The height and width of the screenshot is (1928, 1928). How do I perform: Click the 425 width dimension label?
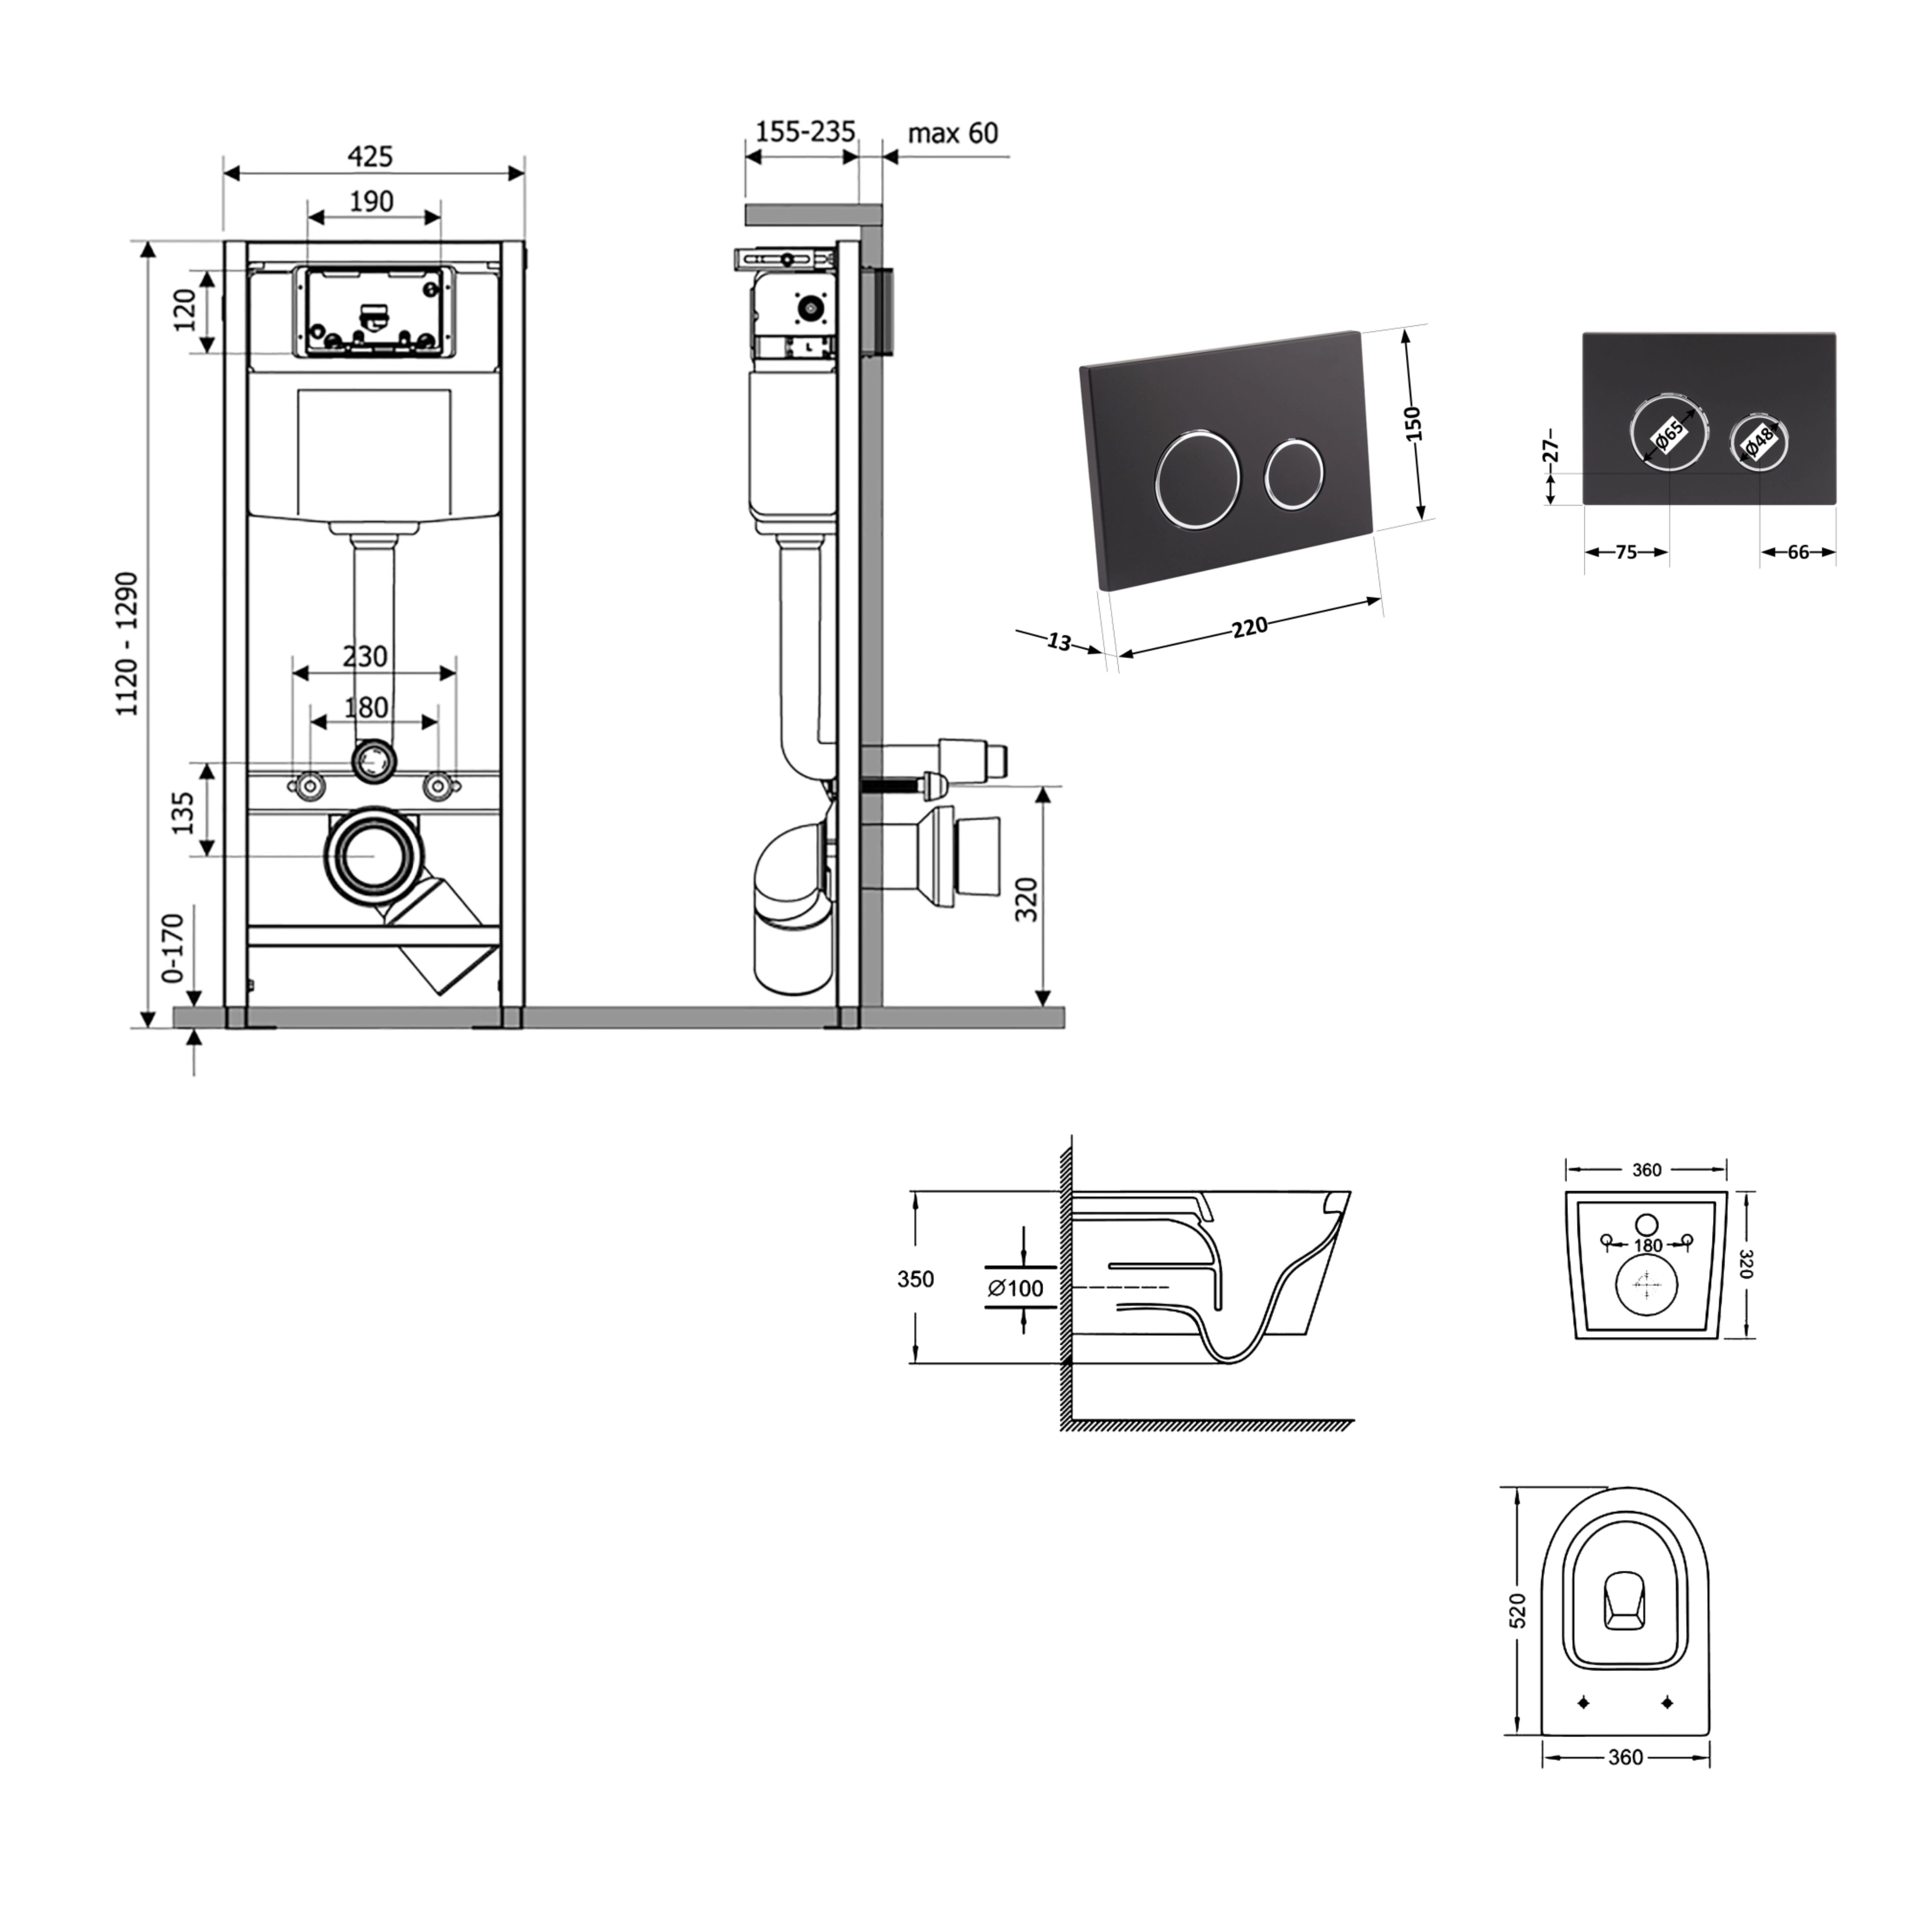(x=370, y=157)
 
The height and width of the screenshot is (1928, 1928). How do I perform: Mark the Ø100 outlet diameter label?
(x=1016, y=1288)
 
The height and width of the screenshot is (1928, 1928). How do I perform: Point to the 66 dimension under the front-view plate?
(x=1798, y=552)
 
